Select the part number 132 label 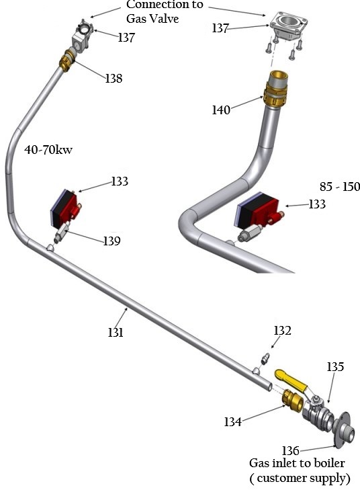tap(282, 330)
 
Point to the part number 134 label tap(232, 421)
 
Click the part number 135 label tap(335, 367)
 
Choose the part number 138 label tap(114, 78)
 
